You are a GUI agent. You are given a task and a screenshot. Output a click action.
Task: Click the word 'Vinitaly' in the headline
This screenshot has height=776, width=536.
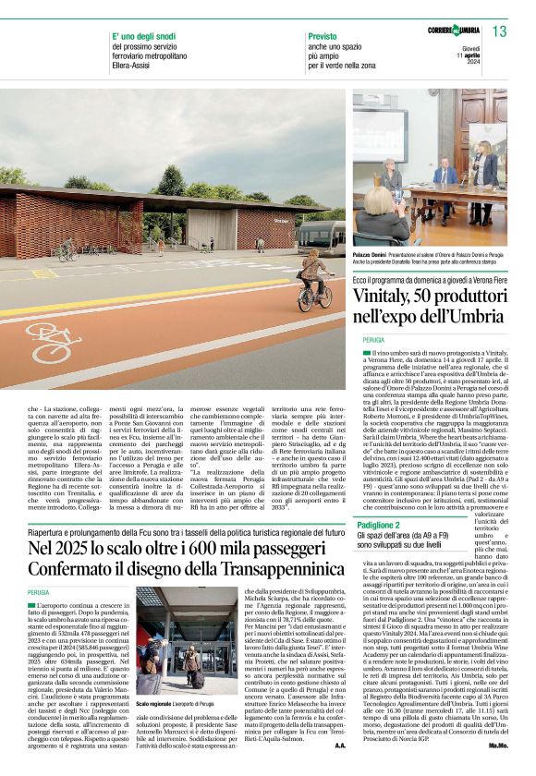coord(388,299)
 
